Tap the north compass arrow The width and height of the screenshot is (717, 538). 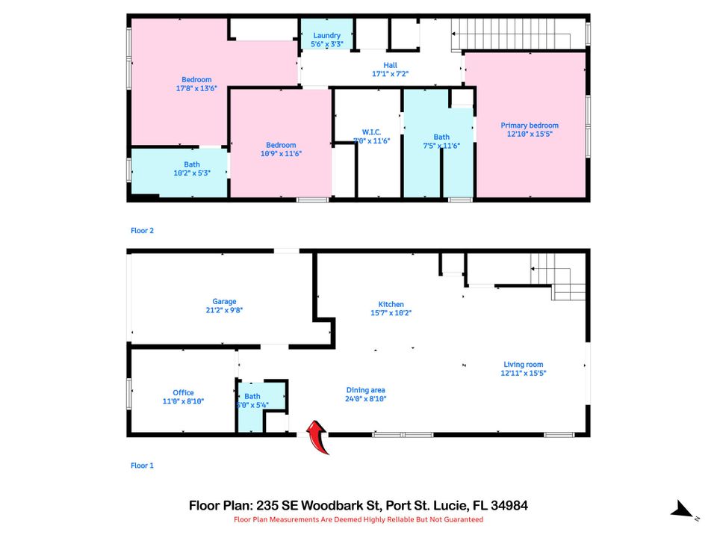[683, 510]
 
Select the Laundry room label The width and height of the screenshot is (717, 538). [326, 35]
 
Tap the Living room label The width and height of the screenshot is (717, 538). [523, 365]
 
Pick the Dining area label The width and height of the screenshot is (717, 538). [365, 389]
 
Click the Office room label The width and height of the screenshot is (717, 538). [183, 392]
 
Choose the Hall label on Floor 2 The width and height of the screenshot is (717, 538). [390, 65]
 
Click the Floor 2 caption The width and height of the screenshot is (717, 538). [142, 231]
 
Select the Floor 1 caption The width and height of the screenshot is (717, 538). [142, 466]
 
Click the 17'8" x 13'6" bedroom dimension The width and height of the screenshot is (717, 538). [196, 88]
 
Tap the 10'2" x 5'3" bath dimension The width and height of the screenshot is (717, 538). [192, 173]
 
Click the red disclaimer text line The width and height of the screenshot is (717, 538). [358, 519]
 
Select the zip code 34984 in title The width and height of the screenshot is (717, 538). [509, 505]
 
